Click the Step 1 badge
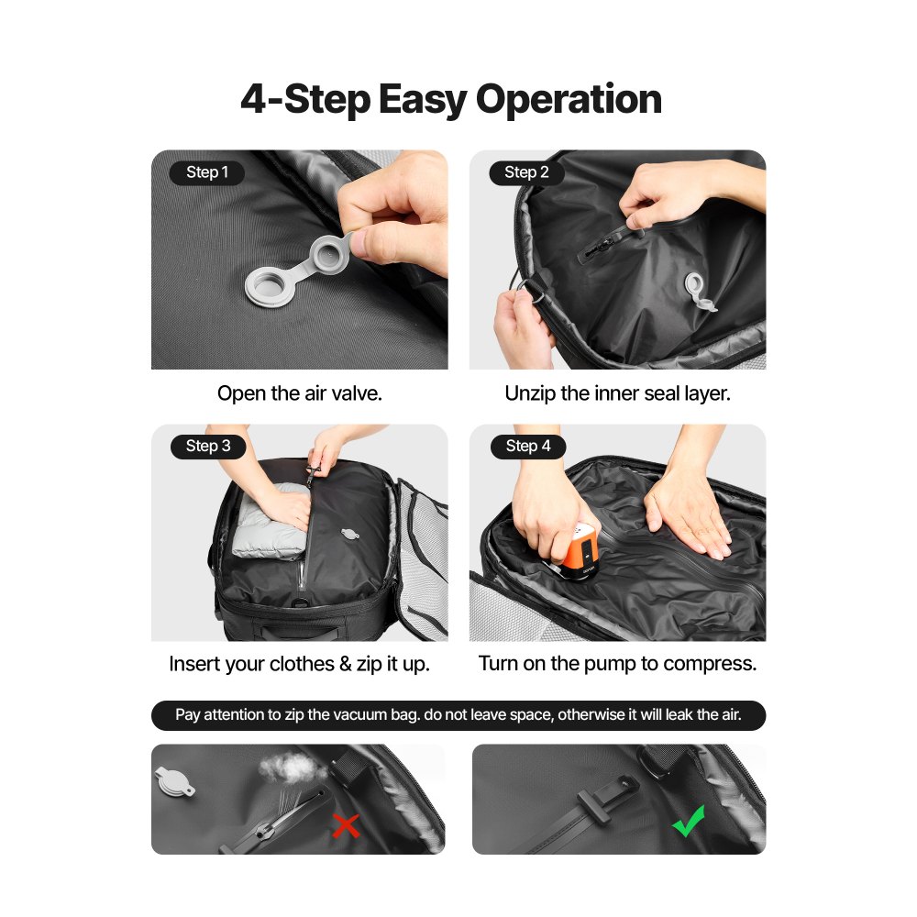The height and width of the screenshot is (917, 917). tap(207, 172)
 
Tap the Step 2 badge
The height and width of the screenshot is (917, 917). tap(526, 172)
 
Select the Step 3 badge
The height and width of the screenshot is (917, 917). tap(208, 447)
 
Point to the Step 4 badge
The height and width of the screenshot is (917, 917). tap(527, 447)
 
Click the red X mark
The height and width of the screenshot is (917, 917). tap(346, 826)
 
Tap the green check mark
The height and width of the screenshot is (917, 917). tap(688, 821)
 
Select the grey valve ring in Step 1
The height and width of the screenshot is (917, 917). tap(272, 289)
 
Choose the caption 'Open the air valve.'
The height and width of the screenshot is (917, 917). tap(299, 393)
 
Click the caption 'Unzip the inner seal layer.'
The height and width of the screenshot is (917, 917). tap(617, 393)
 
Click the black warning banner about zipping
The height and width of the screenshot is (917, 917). tap(458, 715)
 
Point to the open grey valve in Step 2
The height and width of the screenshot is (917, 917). tap(700, 292)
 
